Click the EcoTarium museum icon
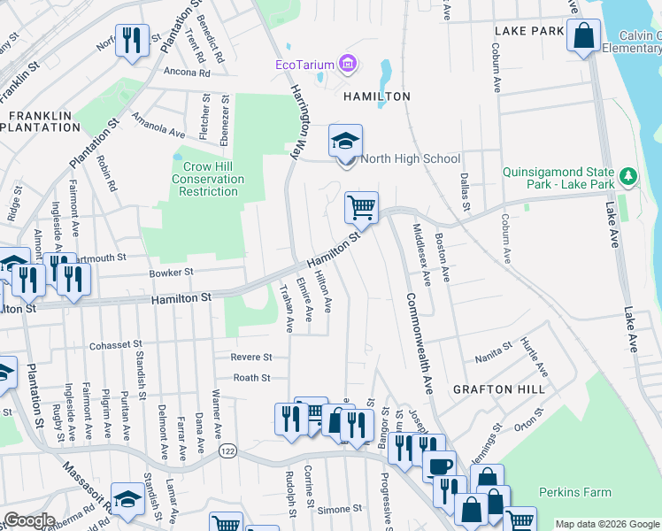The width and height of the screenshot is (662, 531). pos(349,64)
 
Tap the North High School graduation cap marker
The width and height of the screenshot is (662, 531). pos(345,142)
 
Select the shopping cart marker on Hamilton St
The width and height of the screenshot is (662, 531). pos(361,208)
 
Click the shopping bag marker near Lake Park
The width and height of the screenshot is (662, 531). pos(584,37)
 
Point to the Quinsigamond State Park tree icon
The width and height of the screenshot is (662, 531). pos(629,176)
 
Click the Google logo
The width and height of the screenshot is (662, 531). pos(28,520)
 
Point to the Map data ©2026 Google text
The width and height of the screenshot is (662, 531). pos(607,524)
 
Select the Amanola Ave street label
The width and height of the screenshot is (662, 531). pos(158,126)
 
